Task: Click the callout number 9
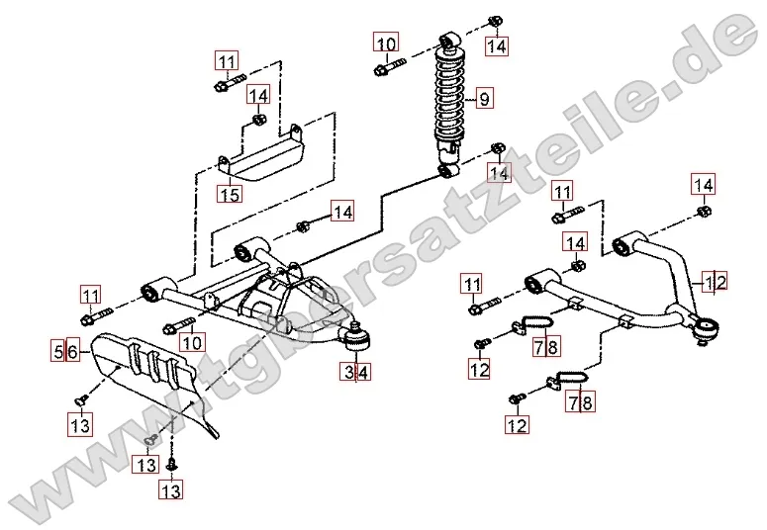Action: click(x=484, y=98)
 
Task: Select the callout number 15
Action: click(x=230, y=195)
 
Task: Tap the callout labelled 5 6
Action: click(x=65, y=351)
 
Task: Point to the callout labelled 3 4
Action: click(x=356, y=373)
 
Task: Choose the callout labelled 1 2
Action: click(x=716, y=282)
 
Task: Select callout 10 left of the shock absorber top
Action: click(x=385, y=44)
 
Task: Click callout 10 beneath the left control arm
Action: click(x=191, y=343)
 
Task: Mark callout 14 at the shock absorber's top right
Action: click(x=496, y=45)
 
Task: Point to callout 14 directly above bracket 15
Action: click(x=258, y=96)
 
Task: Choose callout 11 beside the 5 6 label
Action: click(x=91, y=295)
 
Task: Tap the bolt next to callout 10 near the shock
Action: click(x=389, y=69)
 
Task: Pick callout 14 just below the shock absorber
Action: click(x=499, y=172)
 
